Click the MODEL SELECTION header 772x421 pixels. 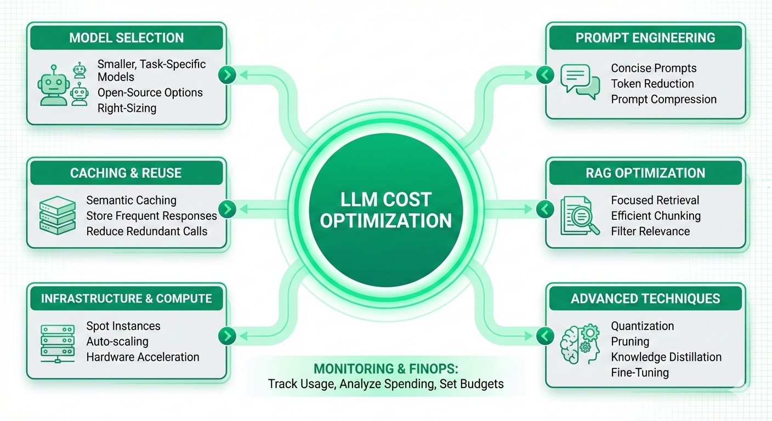pos(127,38)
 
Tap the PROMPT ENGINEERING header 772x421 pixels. pos(645,38)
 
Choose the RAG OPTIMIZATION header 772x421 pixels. pos(645,173)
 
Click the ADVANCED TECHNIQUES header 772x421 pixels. pos(645,299)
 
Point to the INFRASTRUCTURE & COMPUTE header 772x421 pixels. pos(126,299)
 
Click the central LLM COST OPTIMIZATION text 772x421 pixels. pos(385,210)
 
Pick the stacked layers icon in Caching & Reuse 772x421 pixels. pos(57,215)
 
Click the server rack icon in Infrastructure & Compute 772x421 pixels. pos(57,341)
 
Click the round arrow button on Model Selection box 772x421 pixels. pos(227,75)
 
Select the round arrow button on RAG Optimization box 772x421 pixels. pos(544,208)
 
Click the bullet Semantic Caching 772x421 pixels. pos(131,201)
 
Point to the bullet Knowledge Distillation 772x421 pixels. pos(666,357)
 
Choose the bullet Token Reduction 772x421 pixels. pos(652,84)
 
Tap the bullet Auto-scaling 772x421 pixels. pos(117,342)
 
